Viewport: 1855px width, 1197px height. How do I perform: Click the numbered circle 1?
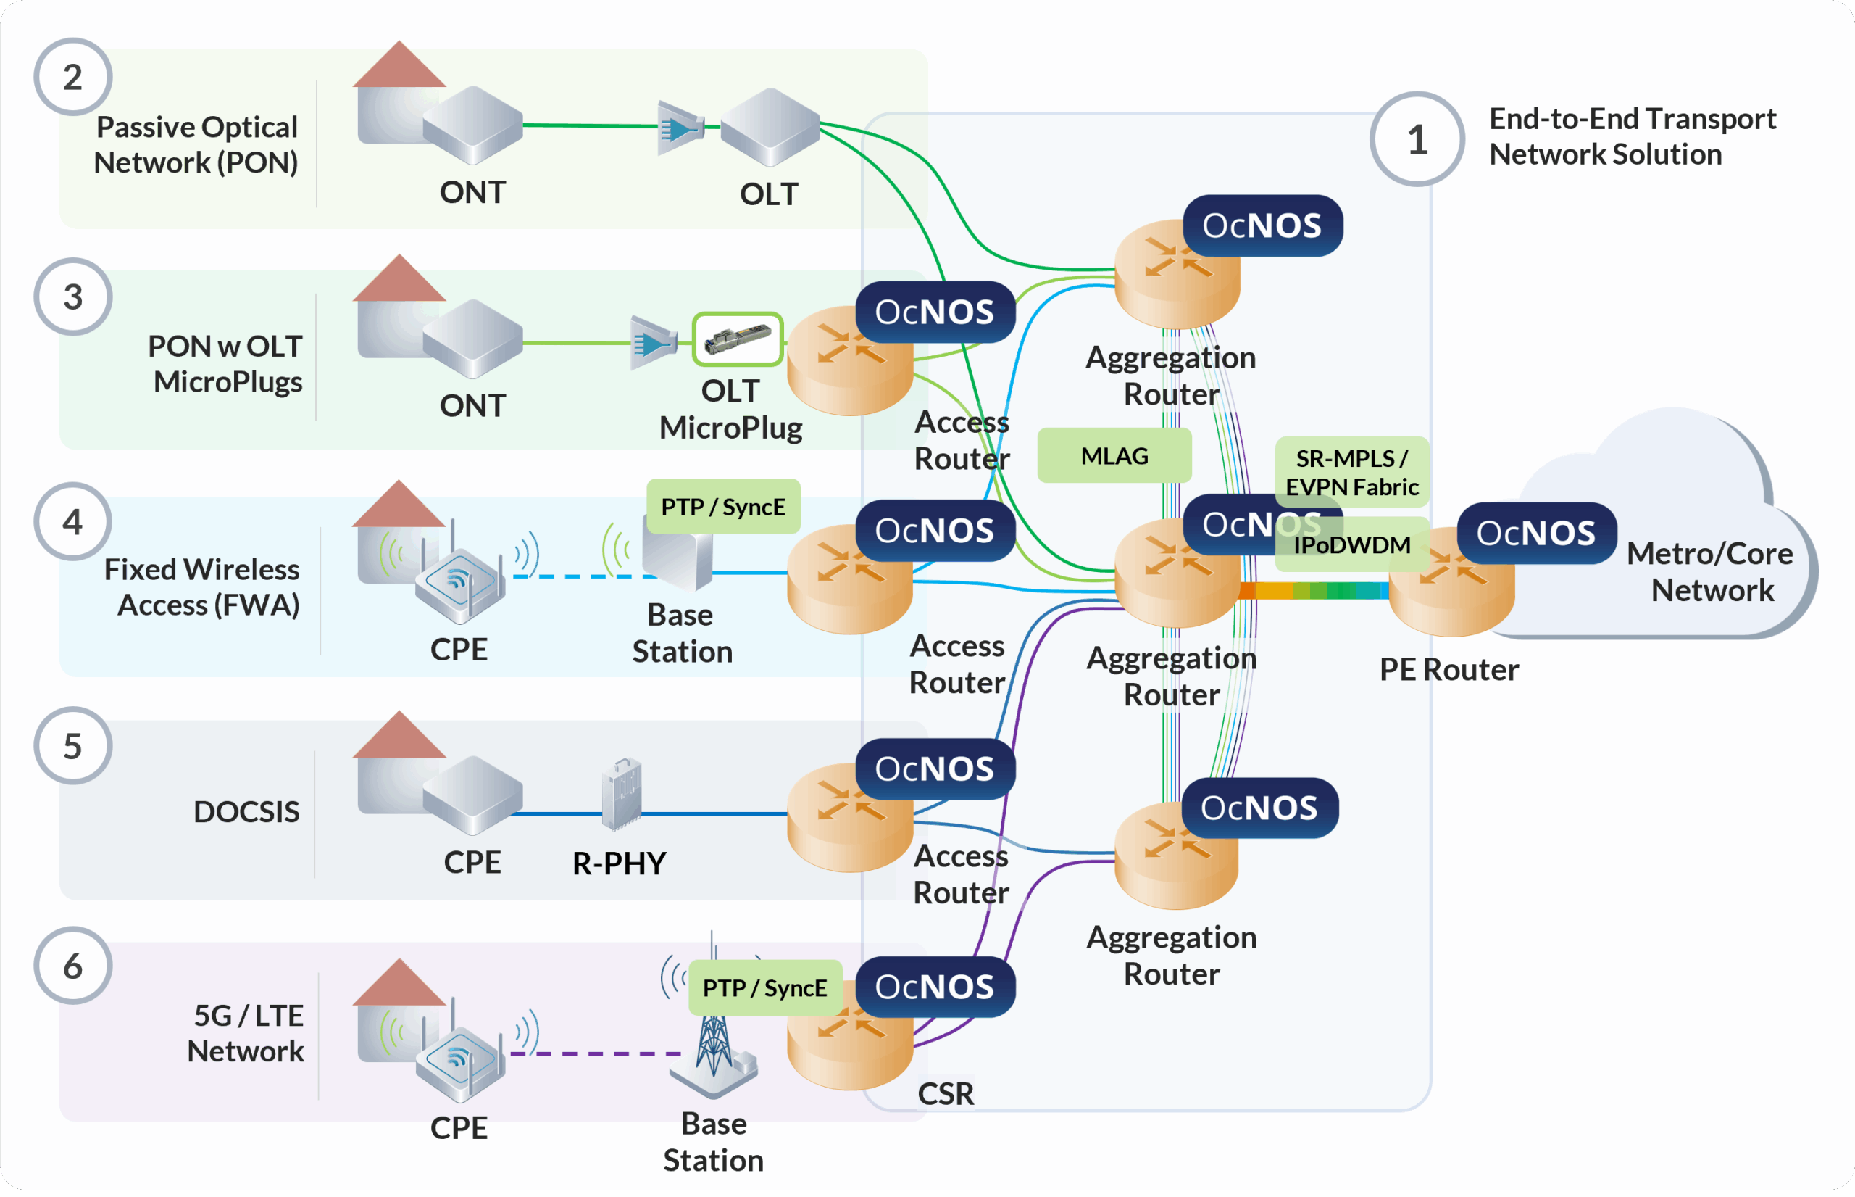[1417, 139]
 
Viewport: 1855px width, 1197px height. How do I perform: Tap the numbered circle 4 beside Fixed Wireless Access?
[73, 521]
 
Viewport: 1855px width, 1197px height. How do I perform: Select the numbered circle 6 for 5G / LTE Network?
[73, 966]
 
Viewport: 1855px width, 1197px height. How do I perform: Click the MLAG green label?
[1114, 455]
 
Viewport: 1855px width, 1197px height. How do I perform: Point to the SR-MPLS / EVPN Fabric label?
[1351, 472]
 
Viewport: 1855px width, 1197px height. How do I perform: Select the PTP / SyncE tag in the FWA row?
[722, 507]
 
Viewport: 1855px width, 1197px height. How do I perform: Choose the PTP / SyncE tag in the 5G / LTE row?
[764, 988]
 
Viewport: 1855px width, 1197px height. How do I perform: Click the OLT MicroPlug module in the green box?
[737, 339]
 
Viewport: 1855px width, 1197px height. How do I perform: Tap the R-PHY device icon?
[622, 793]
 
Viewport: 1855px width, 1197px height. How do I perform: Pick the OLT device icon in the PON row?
[769, 127]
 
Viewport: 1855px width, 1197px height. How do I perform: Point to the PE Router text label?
[1448, 670]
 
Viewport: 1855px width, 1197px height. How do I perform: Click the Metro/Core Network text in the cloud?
[1711, 572]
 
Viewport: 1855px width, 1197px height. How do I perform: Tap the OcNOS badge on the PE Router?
[1535, 533]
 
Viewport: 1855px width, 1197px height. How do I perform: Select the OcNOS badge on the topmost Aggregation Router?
[1262, 225]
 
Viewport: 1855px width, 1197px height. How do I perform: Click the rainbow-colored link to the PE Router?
[1314, 591]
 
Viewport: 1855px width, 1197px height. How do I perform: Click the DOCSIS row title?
[246, 812]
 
